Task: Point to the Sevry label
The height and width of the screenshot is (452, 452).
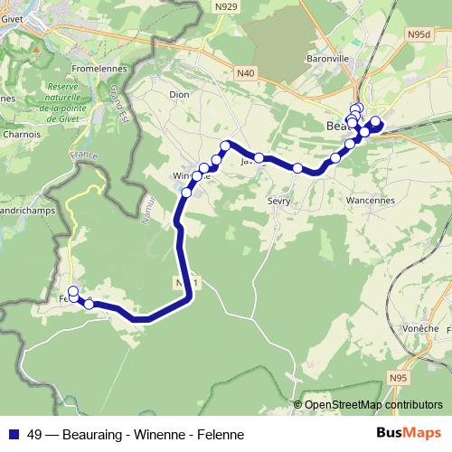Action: pyautogui.click(x=278, y=201)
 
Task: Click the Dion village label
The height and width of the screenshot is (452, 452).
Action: pyautogui.click(x=178, y=92)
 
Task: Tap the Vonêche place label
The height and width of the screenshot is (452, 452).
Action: pyautogui.click(x=420, y=327)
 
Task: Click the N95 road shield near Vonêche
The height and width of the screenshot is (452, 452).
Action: pyautogui.click(x=399, y=377)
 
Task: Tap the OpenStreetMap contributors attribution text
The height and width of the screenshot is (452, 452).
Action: pyautogui.click(x=372, y=405)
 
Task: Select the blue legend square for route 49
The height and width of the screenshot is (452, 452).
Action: pyautogui.click(x=14, y=434)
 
